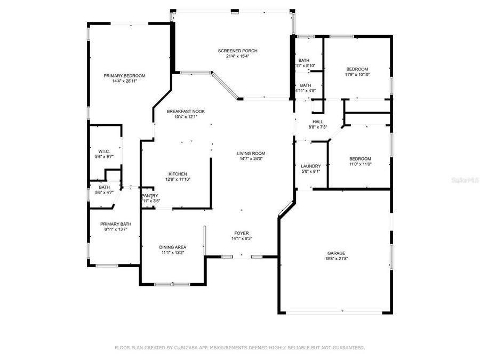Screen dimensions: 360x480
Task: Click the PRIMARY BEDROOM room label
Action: click(x=124, y=76)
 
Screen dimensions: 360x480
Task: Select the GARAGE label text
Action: click(x=336, y=253)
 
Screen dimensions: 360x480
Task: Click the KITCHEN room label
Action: click(x=178, y=174)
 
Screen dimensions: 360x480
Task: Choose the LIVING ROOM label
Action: click(x=251, y=154)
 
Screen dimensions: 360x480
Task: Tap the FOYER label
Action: click(x=242, y=233)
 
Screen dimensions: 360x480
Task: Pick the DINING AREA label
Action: click(x=173, y=247)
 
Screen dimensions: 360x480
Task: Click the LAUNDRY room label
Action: click(x=310, y=166)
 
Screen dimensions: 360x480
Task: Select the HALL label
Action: click(x=317, y=122)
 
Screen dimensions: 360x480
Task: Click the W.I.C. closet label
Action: click(x=104, y=151)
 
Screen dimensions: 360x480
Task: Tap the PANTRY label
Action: click(x=149, y=196)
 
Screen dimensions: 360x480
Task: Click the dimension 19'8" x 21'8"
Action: click(x=336, y=259)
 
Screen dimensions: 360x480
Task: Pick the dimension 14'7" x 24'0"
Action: click(x=251, y=159)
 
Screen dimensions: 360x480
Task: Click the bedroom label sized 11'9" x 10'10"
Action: click(x=357, y=69)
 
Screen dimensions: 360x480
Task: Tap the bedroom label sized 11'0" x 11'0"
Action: click(x=360, y=159)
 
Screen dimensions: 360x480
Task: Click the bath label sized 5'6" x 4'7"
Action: click(x=104, y=187)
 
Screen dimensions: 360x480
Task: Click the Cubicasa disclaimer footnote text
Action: click(x=240, y=347)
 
